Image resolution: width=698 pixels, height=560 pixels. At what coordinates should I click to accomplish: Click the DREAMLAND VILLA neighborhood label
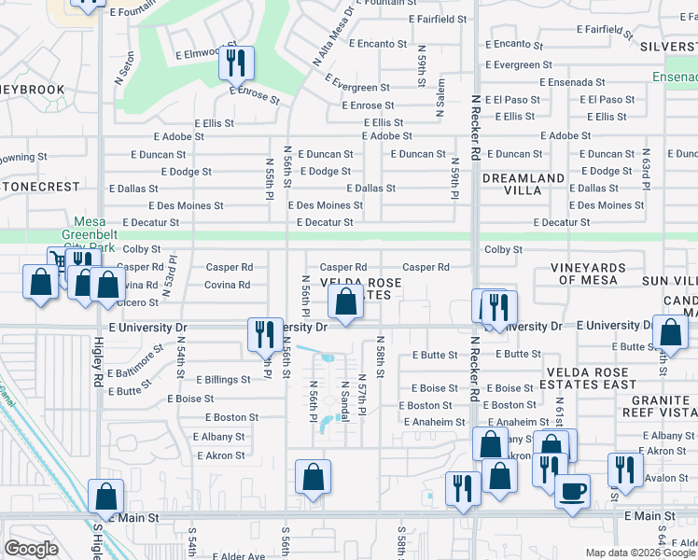point(523,183)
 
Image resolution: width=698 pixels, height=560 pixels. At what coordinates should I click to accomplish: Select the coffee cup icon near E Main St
point(572,489)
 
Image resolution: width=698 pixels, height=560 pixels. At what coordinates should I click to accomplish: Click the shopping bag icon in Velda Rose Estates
point(345,301)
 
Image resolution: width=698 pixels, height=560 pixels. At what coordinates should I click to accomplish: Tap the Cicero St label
point(139,301)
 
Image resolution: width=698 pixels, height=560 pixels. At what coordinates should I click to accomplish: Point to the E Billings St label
point(222,380)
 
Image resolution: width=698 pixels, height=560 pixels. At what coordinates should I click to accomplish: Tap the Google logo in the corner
point(31,549)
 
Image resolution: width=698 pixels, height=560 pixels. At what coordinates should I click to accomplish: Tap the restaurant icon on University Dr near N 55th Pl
point(262,335)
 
